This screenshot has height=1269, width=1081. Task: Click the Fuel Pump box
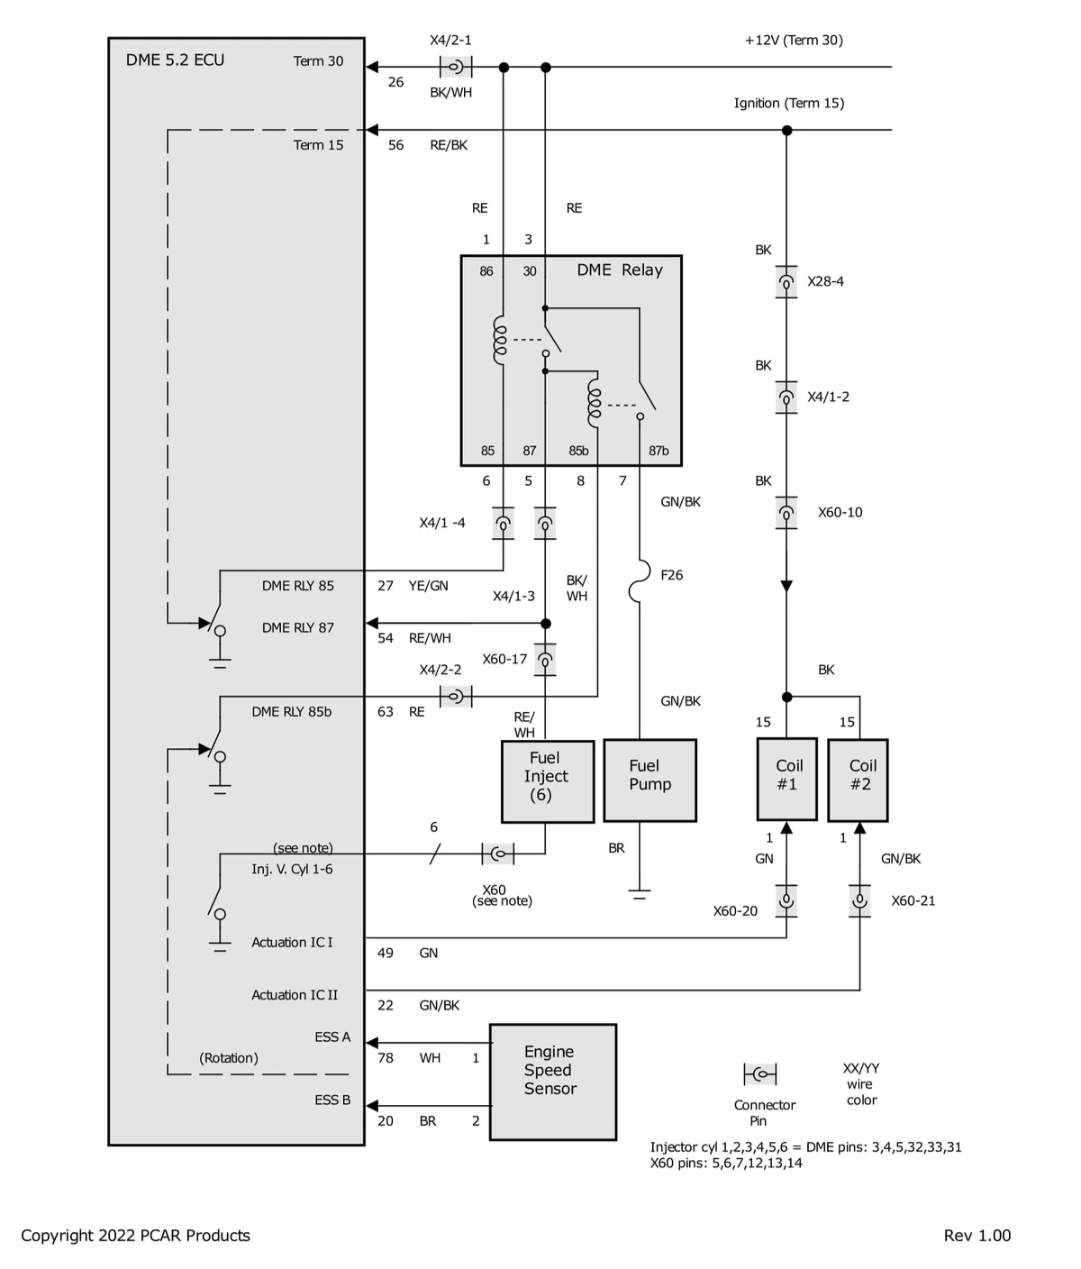pyautogui.click(x=650, y=781)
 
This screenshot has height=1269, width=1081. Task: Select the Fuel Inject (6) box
pyautogui.click(x=547, y=781)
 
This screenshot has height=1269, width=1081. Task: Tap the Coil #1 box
pyautogui.click(x=786, y=780)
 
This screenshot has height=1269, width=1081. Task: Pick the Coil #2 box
pyautogui.click(x=858, y=780)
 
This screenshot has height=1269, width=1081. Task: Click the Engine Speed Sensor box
pyautogui.click(x=552, y=1082)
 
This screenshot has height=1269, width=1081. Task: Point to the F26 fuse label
pyautogui.click(x=671, y=575)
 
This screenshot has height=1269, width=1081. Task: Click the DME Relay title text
pyautogui.click(x=619, y=270)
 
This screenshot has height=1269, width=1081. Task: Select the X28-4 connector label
pyautogui.click(x=825, y=281)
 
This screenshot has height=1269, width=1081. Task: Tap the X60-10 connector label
pyautogui.click(x=840, y=513)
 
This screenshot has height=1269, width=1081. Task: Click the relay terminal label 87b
pyautogui.click(x=659, y=451)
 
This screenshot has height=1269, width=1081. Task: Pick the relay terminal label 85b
pyautogui.click(x=578, y=451)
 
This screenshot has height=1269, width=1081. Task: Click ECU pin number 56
pyautogui.click(x=395, y=145)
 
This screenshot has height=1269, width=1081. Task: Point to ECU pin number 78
pyautogui.click(x=386, y=1058)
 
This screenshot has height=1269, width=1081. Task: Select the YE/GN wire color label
pyautogui.click(x=428, y=586)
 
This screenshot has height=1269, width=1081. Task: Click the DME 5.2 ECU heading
pyautogui.click(x=175, y=60)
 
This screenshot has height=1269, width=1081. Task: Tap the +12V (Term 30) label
pyautogui.click(x=794, y=40)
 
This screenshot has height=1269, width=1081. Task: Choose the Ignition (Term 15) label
pyautogui.click(x=788, y=103)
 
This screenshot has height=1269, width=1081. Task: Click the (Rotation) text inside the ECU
pyautogui.click(x=229, y=1058)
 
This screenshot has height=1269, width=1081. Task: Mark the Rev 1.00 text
pyautogui.click(x=977, y=1236)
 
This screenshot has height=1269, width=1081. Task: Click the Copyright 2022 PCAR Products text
pyautogui.click(x=135, y=1236)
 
